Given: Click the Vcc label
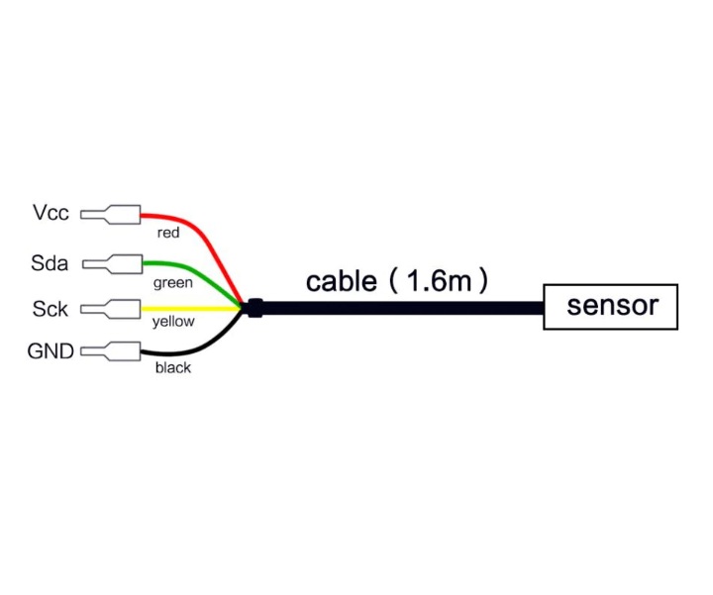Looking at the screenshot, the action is pos(51,213).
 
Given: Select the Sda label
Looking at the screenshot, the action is pos(50,263).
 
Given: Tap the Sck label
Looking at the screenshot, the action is pos(51,309).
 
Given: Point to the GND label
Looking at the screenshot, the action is pos(51,350).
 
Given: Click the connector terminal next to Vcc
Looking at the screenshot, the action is pos(111,215).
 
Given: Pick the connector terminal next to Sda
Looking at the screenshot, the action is pos(112,264).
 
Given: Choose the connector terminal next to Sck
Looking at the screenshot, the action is pos(111,309).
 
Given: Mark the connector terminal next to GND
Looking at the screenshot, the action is pos(111,351).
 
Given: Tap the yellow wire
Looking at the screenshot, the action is pos(191,309).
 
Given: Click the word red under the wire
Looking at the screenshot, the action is pos(168,233).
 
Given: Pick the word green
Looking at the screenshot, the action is pos(172,283).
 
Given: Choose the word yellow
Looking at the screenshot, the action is pos(173,322).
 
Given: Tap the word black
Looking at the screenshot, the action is pos(172,367).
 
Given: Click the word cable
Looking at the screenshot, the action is pos(341,281).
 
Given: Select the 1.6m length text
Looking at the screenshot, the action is pos(440,280).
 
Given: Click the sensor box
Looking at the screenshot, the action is pos(610,307).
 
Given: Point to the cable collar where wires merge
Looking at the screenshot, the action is pos(255,308).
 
